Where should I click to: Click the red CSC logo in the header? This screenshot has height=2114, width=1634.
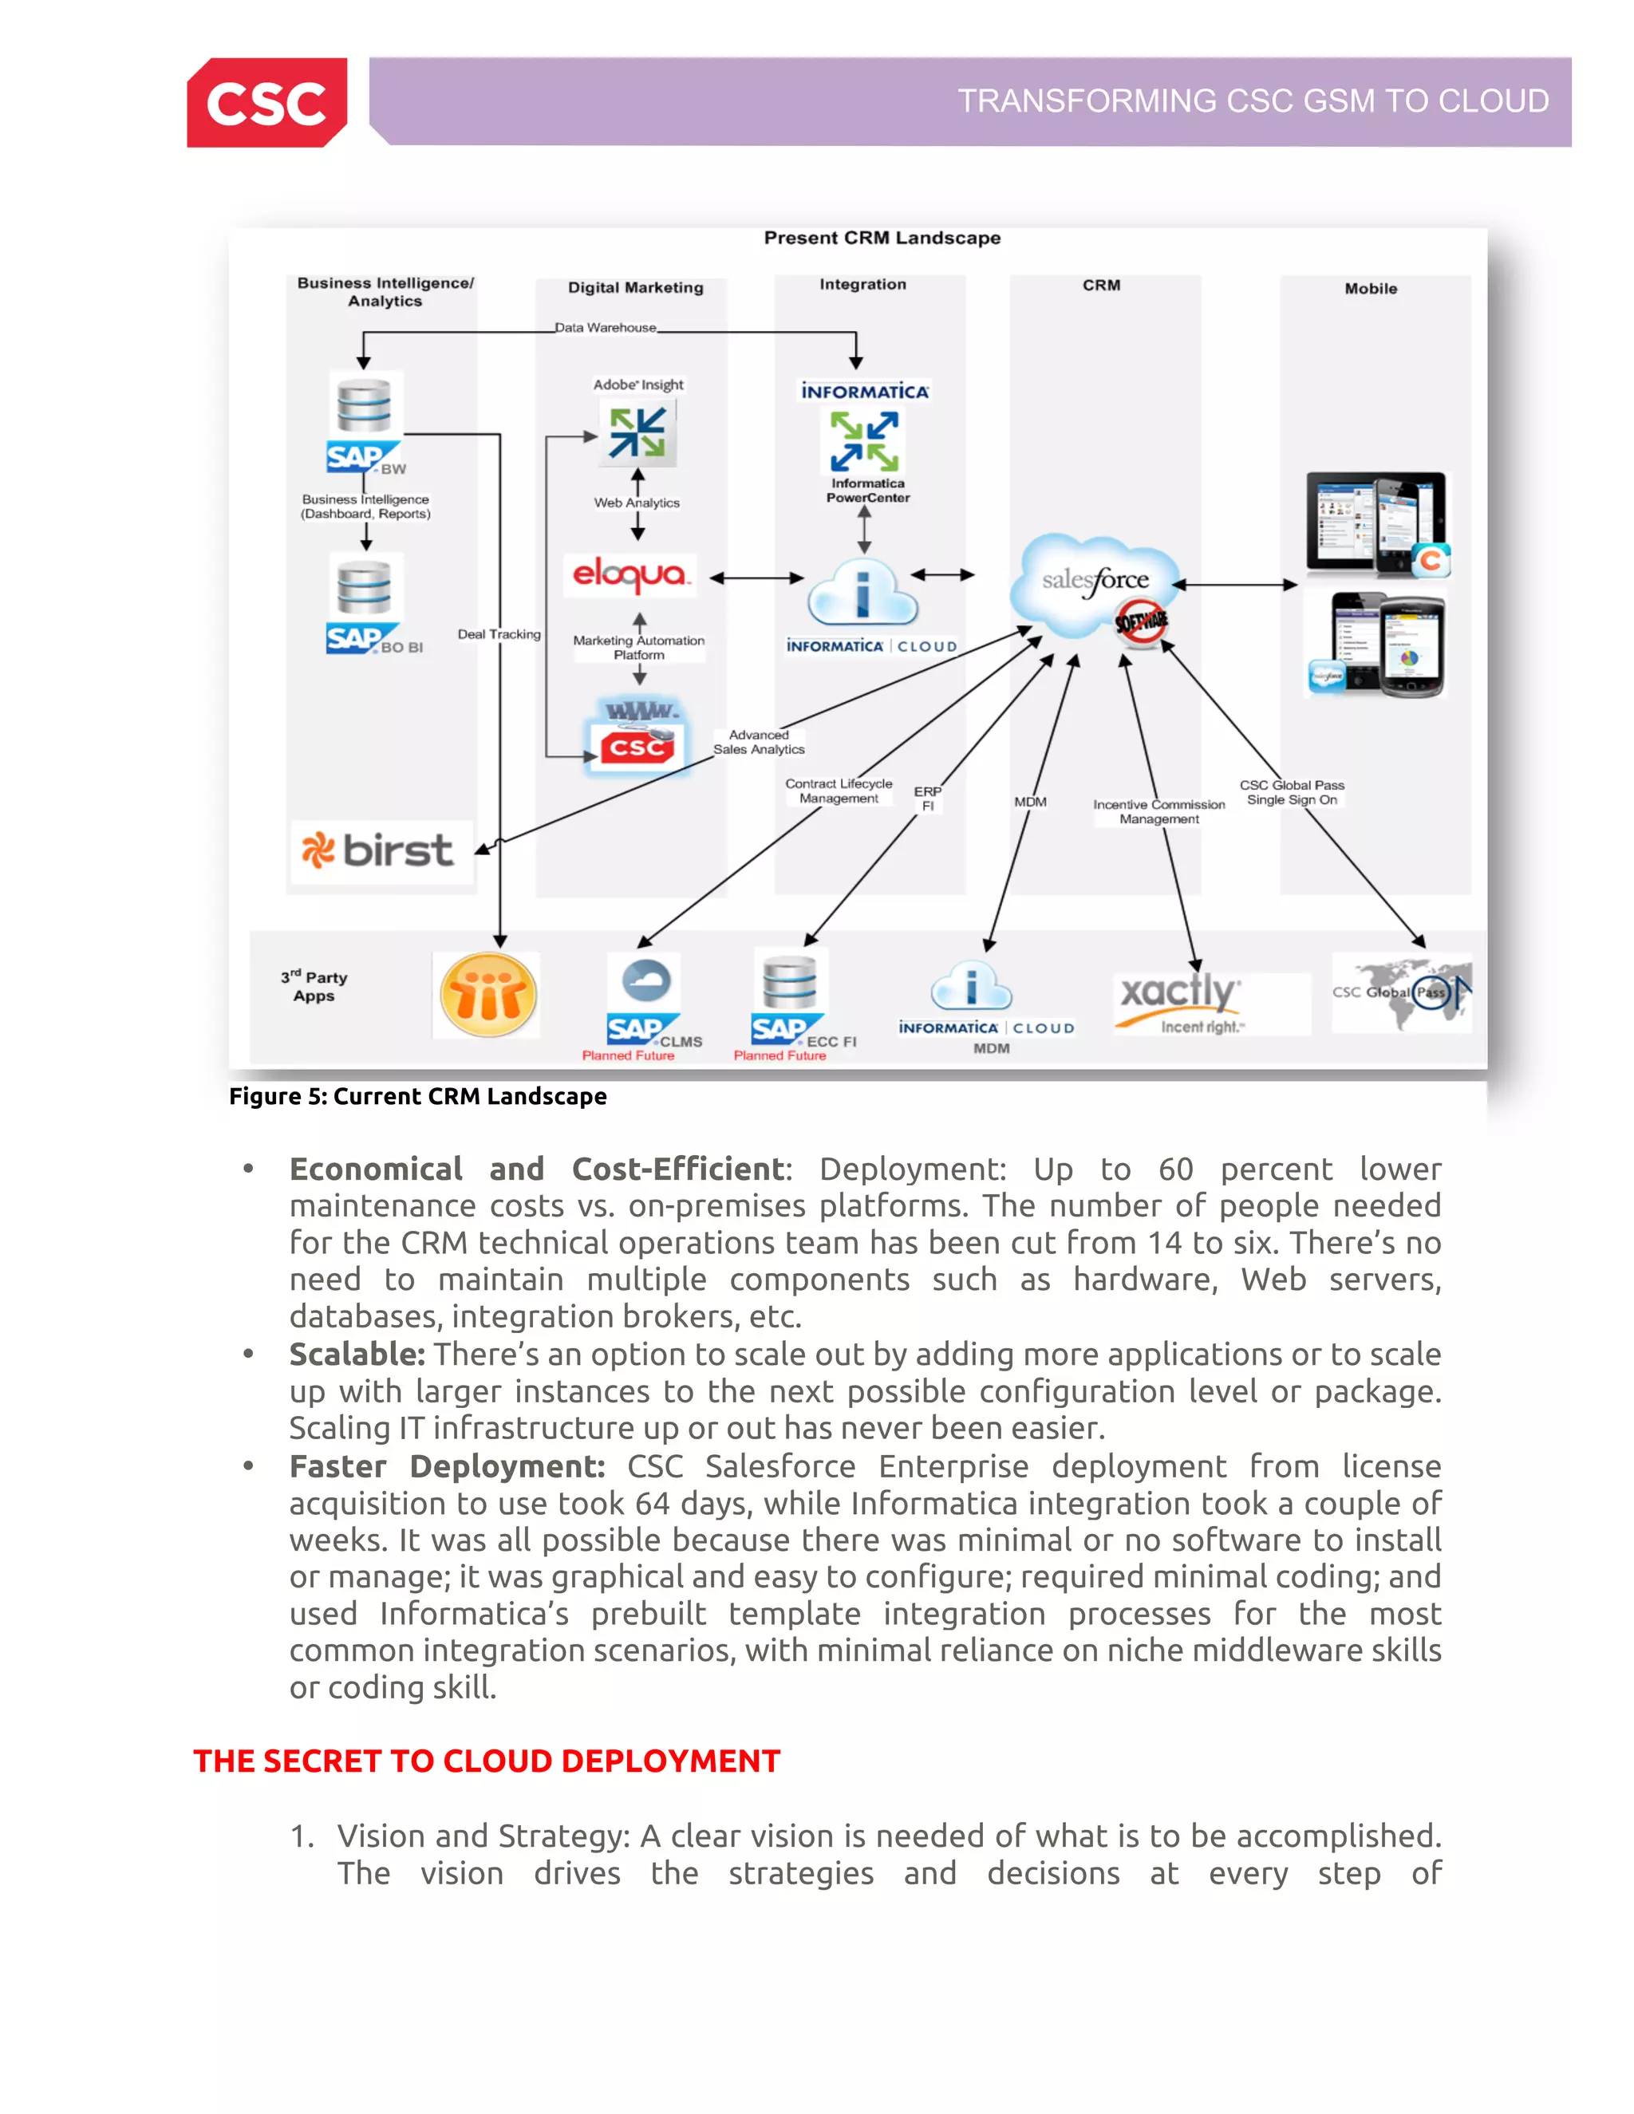pos(267,103)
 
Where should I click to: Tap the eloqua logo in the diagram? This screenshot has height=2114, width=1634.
pos(630,576)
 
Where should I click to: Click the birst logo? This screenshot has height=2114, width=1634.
pos(380,851)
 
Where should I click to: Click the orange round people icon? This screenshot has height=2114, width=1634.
pos(487,995)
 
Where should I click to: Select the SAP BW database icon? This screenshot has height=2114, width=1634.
pos(364,407)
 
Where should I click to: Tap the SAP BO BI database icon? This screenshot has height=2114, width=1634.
pos(364,589)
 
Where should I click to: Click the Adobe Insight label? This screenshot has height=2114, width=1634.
pos(638,385)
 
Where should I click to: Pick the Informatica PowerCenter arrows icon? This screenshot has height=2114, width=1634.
pos(864,440)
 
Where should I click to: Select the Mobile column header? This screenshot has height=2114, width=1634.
pos(1370,289)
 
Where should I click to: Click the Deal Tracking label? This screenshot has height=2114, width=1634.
pos(499,634)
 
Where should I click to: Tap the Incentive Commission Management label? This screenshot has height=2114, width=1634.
pos(1158,811)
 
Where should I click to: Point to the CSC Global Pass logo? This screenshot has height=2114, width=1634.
pos(1402,992)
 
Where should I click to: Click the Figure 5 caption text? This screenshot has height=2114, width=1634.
pos(417,1097)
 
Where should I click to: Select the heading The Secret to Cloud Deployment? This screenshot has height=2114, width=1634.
pos(486,1761)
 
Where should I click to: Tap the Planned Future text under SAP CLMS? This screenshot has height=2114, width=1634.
pos(627,1055)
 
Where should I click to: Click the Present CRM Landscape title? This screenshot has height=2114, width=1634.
pos(882,238)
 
